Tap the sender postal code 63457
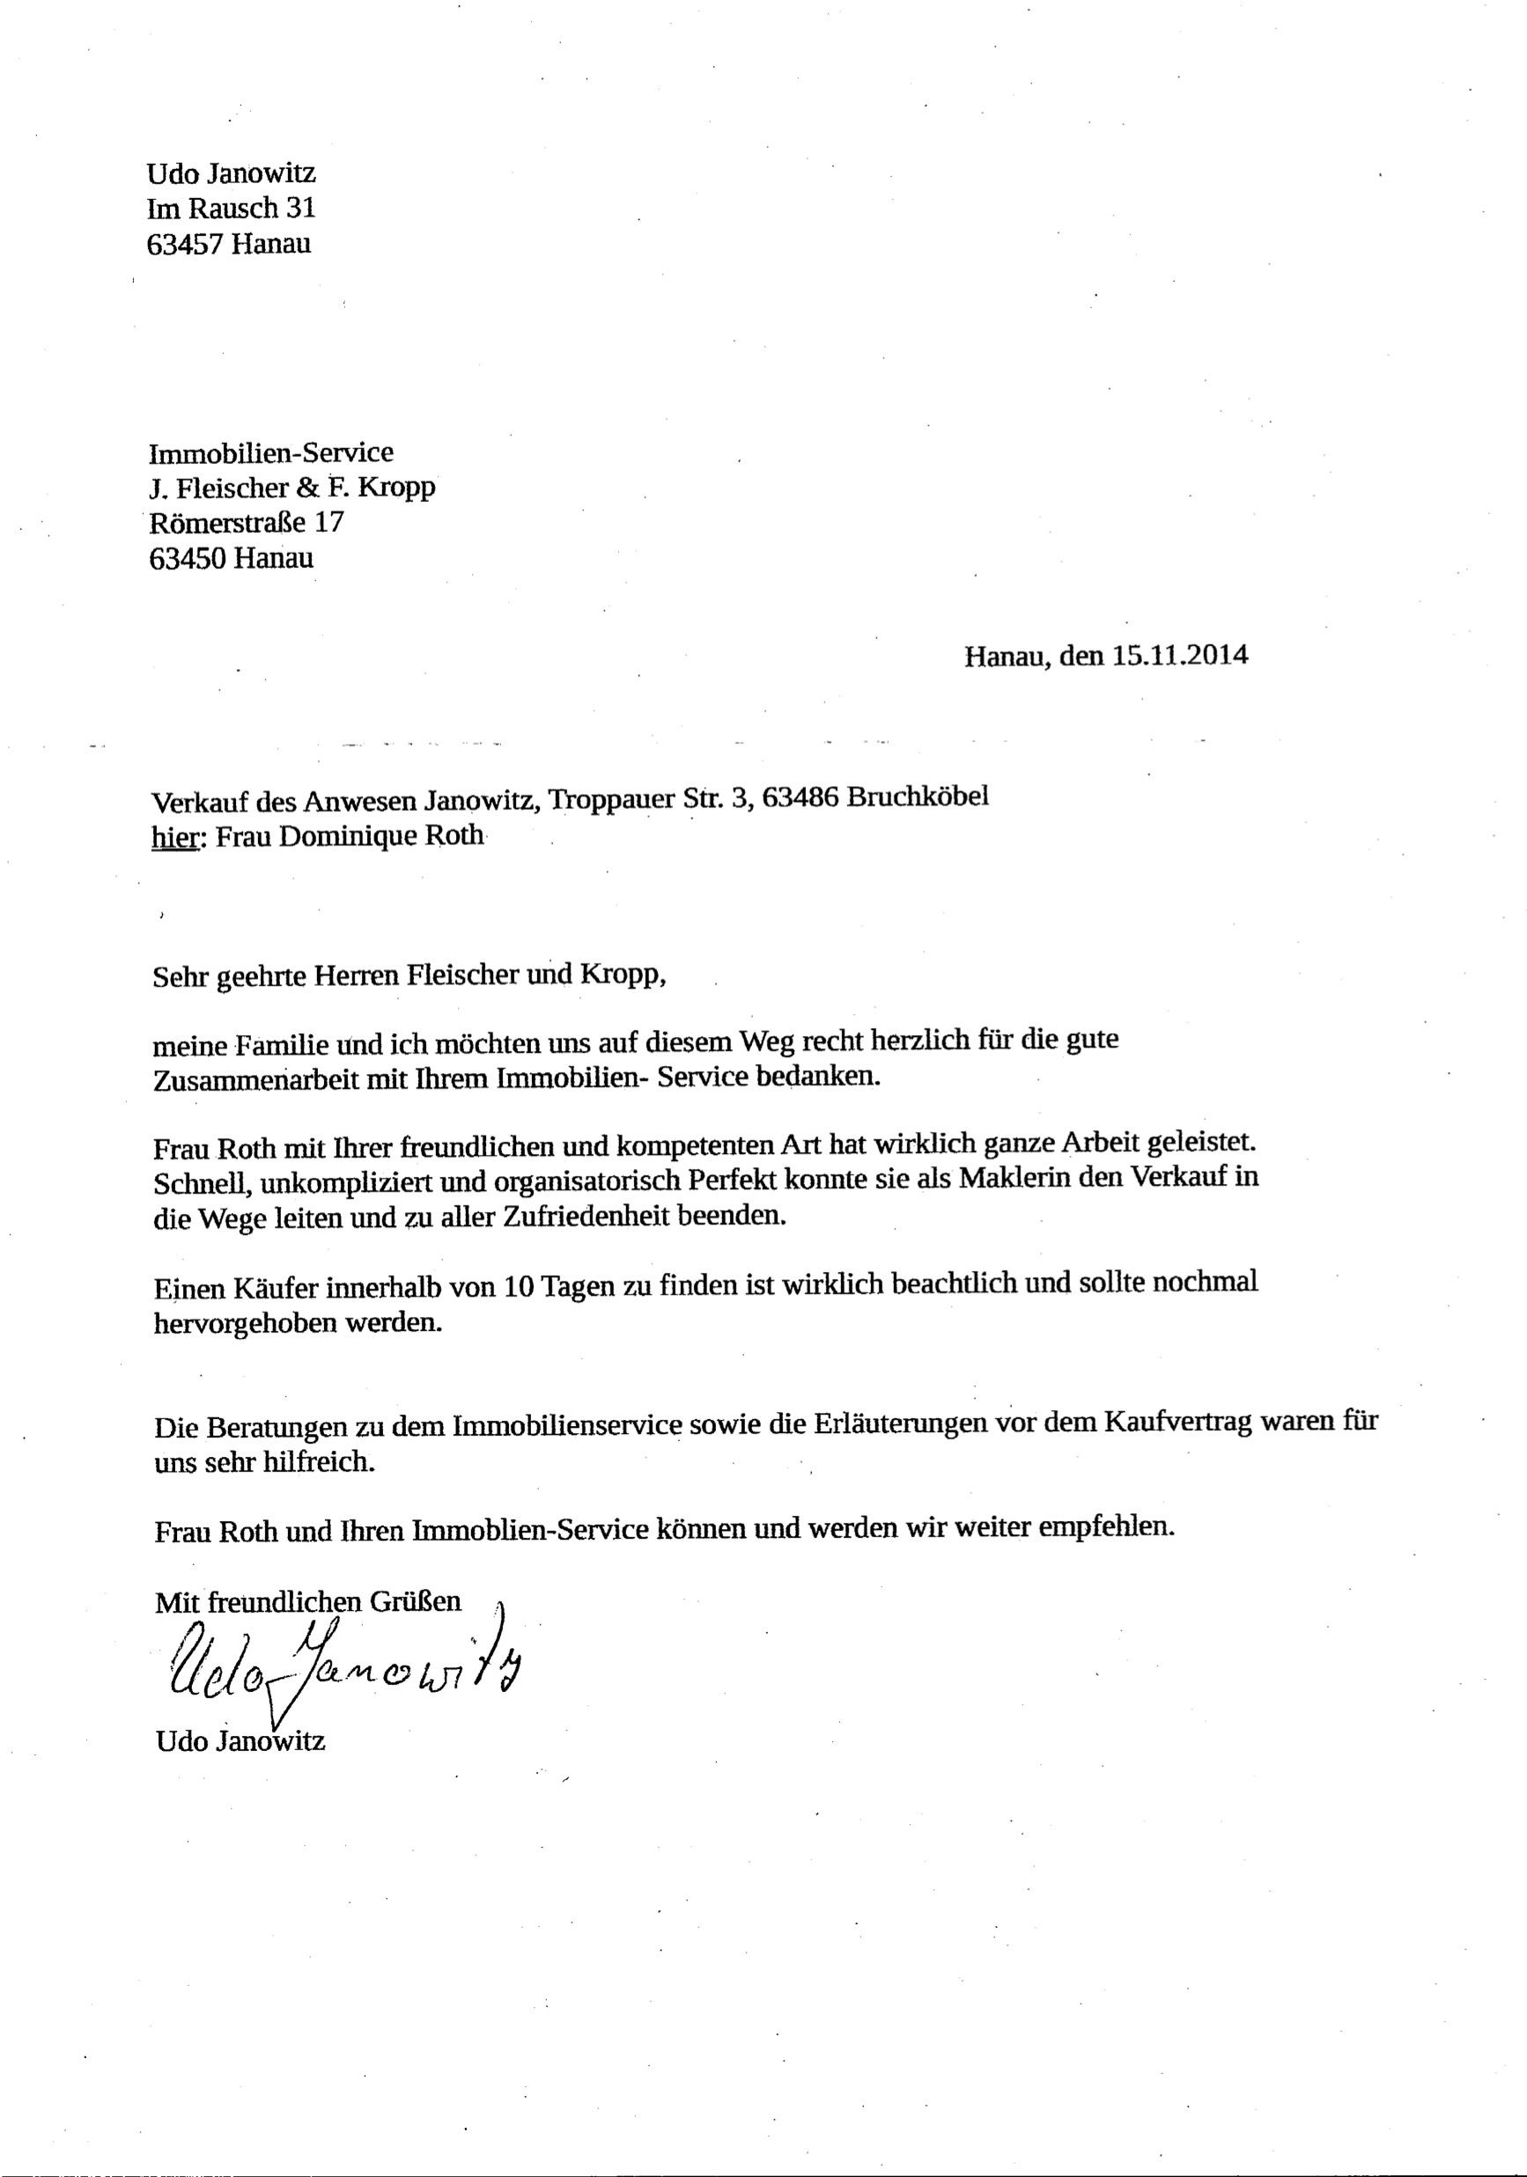click(x=185, y=244)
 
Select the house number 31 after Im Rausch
click(x=300, y=208)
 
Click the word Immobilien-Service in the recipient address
click(x=270, y=452)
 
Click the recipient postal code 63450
click(x=188, y=558)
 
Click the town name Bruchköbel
click(x=916, y=797)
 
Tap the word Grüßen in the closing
click(x=415, y=1601)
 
